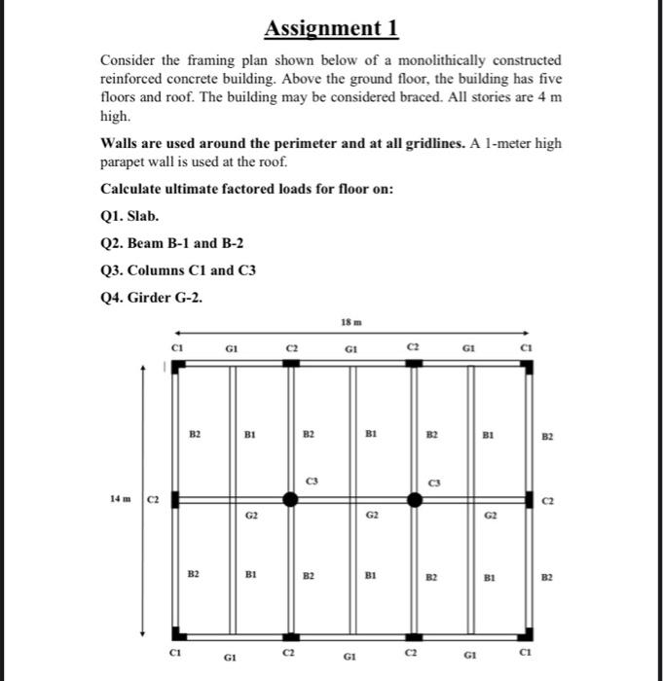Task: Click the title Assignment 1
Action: coord(331,28)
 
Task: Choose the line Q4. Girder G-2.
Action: coord(152,297)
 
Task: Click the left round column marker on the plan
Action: coord(289,499)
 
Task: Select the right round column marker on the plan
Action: coord(415,499)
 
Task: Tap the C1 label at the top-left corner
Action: coord(176,345)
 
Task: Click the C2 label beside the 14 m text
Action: coord(153,499)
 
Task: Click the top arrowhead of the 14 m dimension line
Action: coord(145,368)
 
